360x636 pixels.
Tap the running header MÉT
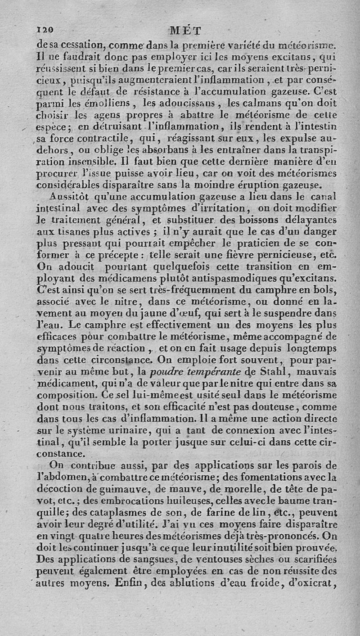click(185, 31)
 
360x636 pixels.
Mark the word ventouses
click(220, 560)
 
